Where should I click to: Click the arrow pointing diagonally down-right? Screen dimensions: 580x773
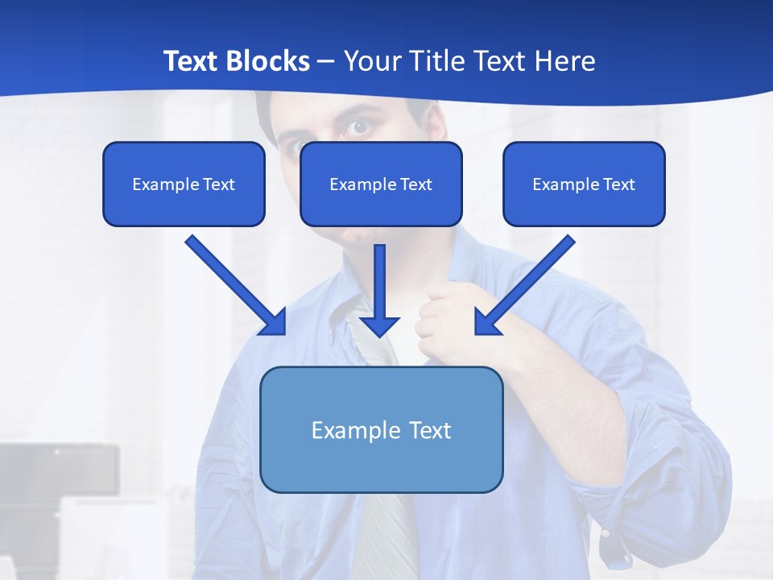(x=238, y=286)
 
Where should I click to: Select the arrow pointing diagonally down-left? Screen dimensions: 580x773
(x=523, y=286)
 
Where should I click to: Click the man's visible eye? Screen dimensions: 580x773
(x=359, y=127)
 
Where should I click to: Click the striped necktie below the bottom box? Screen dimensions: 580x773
(x=385, y=532)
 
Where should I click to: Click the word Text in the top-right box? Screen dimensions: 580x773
(x=619, y=184)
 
